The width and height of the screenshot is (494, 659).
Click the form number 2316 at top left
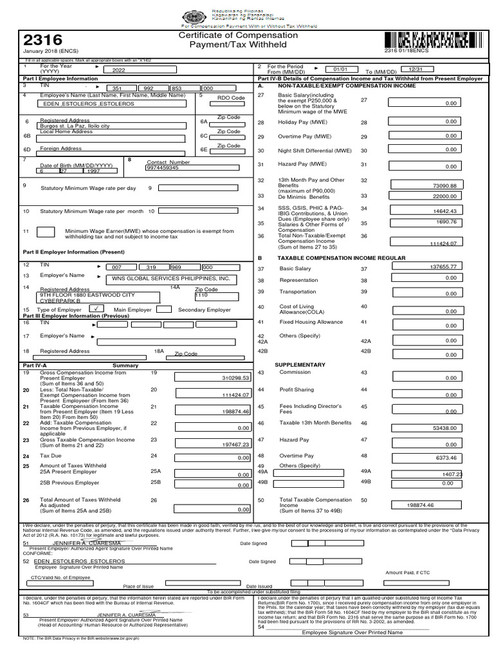42,40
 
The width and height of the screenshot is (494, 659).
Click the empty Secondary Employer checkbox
163,309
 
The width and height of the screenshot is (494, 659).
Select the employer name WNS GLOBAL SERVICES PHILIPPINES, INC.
170,279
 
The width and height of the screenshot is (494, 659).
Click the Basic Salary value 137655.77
424,266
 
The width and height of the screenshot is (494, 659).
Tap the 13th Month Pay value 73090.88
424,185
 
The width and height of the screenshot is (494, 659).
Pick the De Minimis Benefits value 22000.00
424,196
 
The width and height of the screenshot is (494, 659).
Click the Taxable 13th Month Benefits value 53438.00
424,427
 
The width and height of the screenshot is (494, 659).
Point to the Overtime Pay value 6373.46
424,457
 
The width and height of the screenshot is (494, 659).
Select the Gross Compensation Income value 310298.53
213,378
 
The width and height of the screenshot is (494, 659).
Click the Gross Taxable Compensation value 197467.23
213,444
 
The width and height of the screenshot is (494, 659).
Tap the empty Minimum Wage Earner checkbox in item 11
46,232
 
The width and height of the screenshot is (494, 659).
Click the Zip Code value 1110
202,295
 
